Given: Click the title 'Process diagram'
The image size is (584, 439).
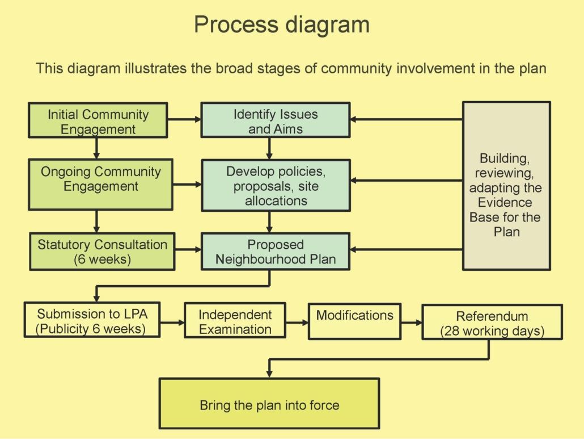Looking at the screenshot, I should pos(282,25).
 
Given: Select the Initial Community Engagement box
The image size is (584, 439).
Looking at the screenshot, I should pos(98,120).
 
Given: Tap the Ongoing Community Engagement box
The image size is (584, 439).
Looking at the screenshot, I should pos(100,184).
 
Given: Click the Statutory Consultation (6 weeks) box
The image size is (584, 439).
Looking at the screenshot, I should pos(103,251).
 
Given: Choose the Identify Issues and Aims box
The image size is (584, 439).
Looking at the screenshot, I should pos(276,120).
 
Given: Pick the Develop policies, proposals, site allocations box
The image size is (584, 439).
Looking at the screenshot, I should pos(276,186).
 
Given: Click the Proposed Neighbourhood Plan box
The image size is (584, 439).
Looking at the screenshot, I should pos(276,251).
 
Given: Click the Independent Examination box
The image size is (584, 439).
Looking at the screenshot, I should pos(235,321).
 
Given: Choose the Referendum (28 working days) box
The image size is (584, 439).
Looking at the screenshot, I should pos(492,322).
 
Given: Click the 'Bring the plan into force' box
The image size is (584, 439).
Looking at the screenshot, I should pos(269,404).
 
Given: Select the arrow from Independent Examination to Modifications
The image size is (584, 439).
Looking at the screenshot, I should pos(297,322).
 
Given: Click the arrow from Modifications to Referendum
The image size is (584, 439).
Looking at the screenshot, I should pos(412,322).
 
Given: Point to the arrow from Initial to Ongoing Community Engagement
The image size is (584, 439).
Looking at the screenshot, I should pos(97,148).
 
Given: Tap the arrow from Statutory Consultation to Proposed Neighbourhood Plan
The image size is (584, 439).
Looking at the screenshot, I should pos(188,249).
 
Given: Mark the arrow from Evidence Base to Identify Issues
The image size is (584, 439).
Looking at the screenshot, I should pos(406,119).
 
